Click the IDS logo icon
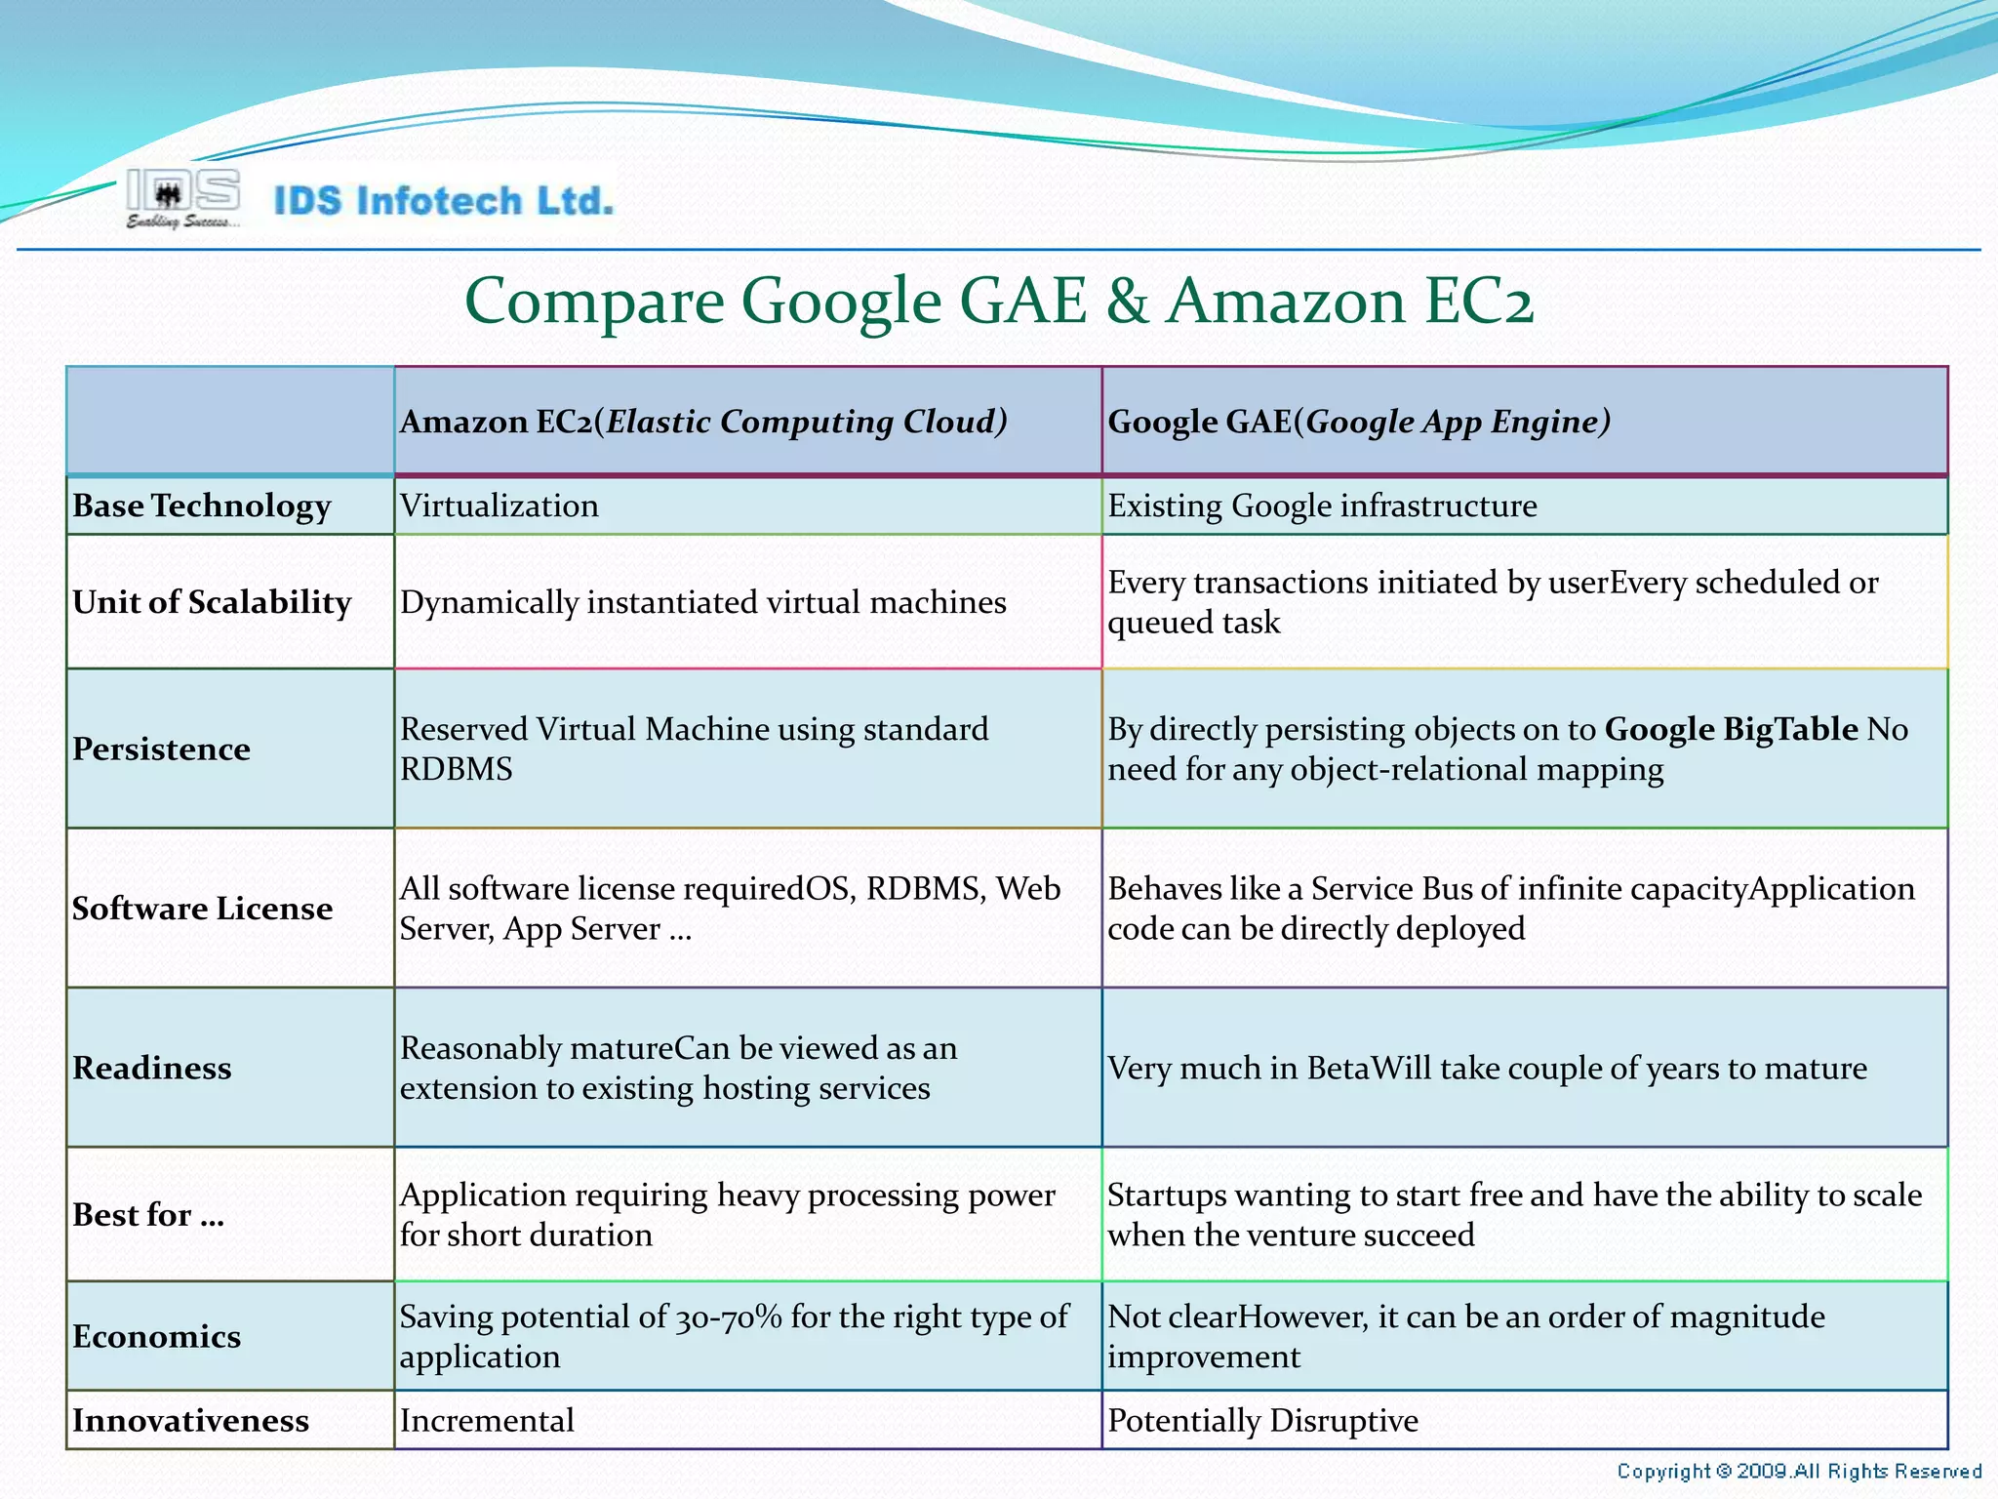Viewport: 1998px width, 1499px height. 183,198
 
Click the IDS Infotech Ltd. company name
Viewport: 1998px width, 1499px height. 444,201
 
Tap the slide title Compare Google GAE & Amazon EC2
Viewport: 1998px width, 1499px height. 999,301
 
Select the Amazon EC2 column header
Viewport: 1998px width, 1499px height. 703,422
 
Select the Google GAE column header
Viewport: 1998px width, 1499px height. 1359,422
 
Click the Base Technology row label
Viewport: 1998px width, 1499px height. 202,506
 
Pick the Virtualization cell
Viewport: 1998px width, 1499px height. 499,506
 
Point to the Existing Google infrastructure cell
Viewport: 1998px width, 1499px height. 1322,506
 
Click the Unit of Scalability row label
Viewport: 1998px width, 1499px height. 212,602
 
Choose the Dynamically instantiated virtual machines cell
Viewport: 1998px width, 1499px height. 703,602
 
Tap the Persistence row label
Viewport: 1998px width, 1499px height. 162,749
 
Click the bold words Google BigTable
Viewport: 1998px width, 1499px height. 1731,729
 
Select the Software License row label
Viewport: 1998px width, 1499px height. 203,909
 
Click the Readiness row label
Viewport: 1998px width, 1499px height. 152,1068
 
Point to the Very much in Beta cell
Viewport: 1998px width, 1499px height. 1487,1069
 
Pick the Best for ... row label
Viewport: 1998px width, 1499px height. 148,1215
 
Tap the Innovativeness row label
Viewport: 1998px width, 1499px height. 191,1421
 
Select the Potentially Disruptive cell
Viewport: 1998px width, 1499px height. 1262,1421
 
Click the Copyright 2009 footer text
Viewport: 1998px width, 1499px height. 1798,1471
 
